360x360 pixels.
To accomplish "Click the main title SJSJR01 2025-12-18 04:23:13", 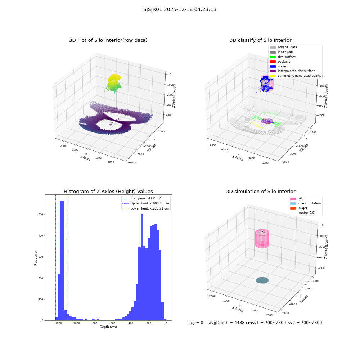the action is (180, 9).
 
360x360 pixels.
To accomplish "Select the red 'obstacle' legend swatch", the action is (273, 62).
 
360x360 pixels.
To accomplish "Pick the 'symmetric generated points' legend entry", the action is (295, 76).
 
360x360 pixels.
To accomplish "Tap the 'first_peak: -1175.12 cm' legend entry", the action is (145, 198).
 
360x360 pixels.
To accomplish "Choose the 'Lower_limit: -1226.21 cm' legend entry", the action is (146, 208).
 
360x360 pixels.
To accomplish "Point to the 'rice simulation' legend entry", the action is (305, 203).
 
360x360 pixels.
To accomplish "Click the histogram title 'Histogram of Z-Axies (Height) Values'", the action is (108, 191).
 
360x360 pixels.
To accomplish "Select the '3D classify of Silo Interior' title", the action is (261, 40).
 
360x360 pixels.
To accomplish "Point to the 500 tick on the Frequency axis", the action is (41, 215).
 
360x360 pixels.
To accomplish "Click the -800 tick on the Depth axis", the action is (94, 323).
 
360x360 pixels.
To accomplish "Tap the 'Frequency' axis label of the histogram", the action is (36, 258).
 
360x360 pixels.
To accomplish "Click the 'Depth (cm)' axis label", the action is (108, 327).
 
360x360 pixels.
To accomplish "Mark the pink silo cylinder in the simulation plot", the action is (262, 239).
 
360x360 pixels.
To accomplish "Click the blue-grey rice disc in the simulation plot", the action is (262, 280).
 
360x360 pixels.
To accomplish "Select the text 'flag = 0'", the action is (195, 323).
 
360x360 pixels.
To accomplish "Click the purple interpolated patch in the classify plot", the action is (267, 121).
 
